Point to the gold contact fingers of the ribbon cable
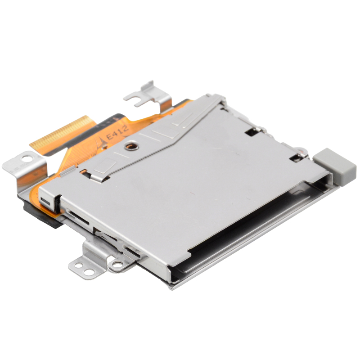[63, 133]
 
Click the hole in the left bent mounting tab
[27, 159]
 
